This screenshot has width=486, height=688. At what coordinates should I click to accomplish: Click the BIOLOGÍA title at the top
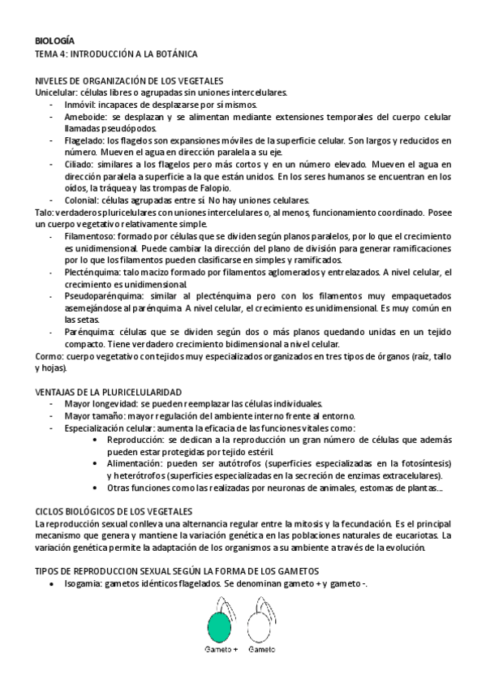(x=55, y=40)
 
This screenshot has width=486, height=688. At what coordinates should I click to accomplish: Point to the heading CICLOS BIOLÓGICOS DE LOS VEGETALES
(x=114, y=512)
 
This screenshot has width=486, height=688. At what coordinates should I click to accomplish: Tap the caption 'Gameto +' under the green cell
(x=220, y=651)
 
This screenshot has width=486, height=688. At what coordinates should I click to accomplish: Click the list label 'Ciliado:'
(x=82, y=164)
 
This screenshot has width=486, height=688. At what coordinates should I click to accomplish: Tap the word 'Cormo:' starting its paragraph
(x=50, y=355)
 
